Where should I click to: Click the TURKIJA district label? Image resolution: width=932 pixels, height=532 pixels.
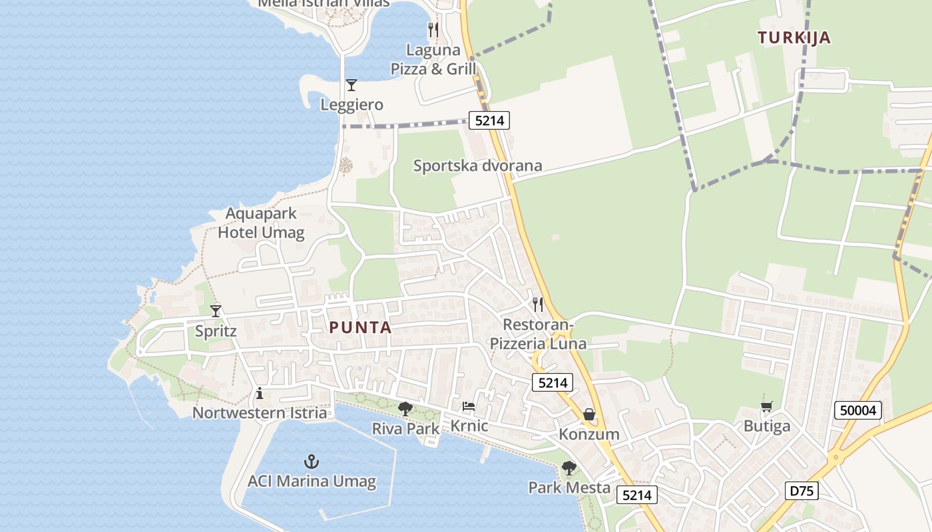pyautogui.click(x=794, y=37)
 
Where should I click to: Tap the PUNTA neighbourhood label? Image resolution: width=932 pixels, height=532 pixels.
pyautogui.click(x=360, y=327)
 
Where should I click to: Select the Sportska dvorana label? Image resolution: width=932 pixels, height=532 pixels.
pyautogui.click(x=477, y=166)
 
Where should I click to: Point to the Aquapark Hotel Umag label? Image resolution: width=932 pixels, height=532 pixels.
pyautogui.click(x=261, y=223)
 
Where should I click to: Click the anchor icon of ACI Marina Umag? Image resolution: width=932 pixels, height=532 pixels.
pyautogui.click(x=311, y=461)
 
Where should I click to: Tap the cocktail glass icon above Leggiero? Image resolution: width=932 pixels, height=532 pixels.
pyautogui.click(x=351, y=85)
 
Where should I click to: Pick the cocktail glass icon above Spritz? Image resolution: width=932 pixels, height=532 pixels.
pyautogui.click(x=216, y=311)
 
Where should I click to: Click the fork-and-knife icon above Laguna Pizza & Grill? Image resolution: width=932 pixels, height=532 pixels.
pyautogui.click(x=433, y=29)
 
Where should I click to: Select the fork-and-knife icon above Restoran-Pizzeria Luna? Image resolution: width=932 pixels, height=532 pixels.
pyautogui.click(x=538, y=304)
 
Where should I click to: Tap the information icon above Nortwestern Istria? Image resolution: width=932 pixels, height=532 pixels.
pyautogui.click(x=260, y=394)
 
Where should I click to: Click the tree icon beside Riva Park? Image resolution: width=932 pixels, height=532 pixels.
pyautogui.click(x=405, y=408)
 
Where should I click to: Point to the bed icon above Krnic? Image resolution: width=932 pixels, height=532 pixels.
pyautogui.click(x=469, y=406)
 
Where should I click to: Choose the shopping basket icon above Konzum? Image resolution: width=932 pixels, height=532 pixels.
pyautogui.click(x=589, y=414)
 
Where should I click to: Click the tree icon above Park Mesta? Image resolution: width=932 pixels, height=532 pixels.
pyautogui.click(x=569, y=467)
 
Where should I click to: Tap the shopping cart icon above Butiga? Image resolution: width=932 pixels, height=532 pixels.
pyautogui.click(x=766, y=406)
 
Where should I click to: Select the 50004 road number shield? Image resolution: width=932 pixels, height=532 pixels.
pyautogui.click(x=858, y=410)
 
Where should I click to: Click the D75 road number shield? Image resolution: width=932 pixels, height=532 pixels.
pyautogui.click(x=802, y=491)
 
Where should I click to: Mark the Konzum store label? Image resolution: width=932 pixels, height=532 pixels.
pyautogui.click(x=589, y=434)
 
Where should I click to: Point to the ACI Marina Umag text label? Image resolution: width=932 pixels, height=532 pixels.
pyautogui.click(x=312, y=481)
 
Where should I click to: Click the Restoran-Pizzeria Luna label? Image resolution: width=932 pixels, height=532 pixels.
pyautogui.click(x=538, y=334)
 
